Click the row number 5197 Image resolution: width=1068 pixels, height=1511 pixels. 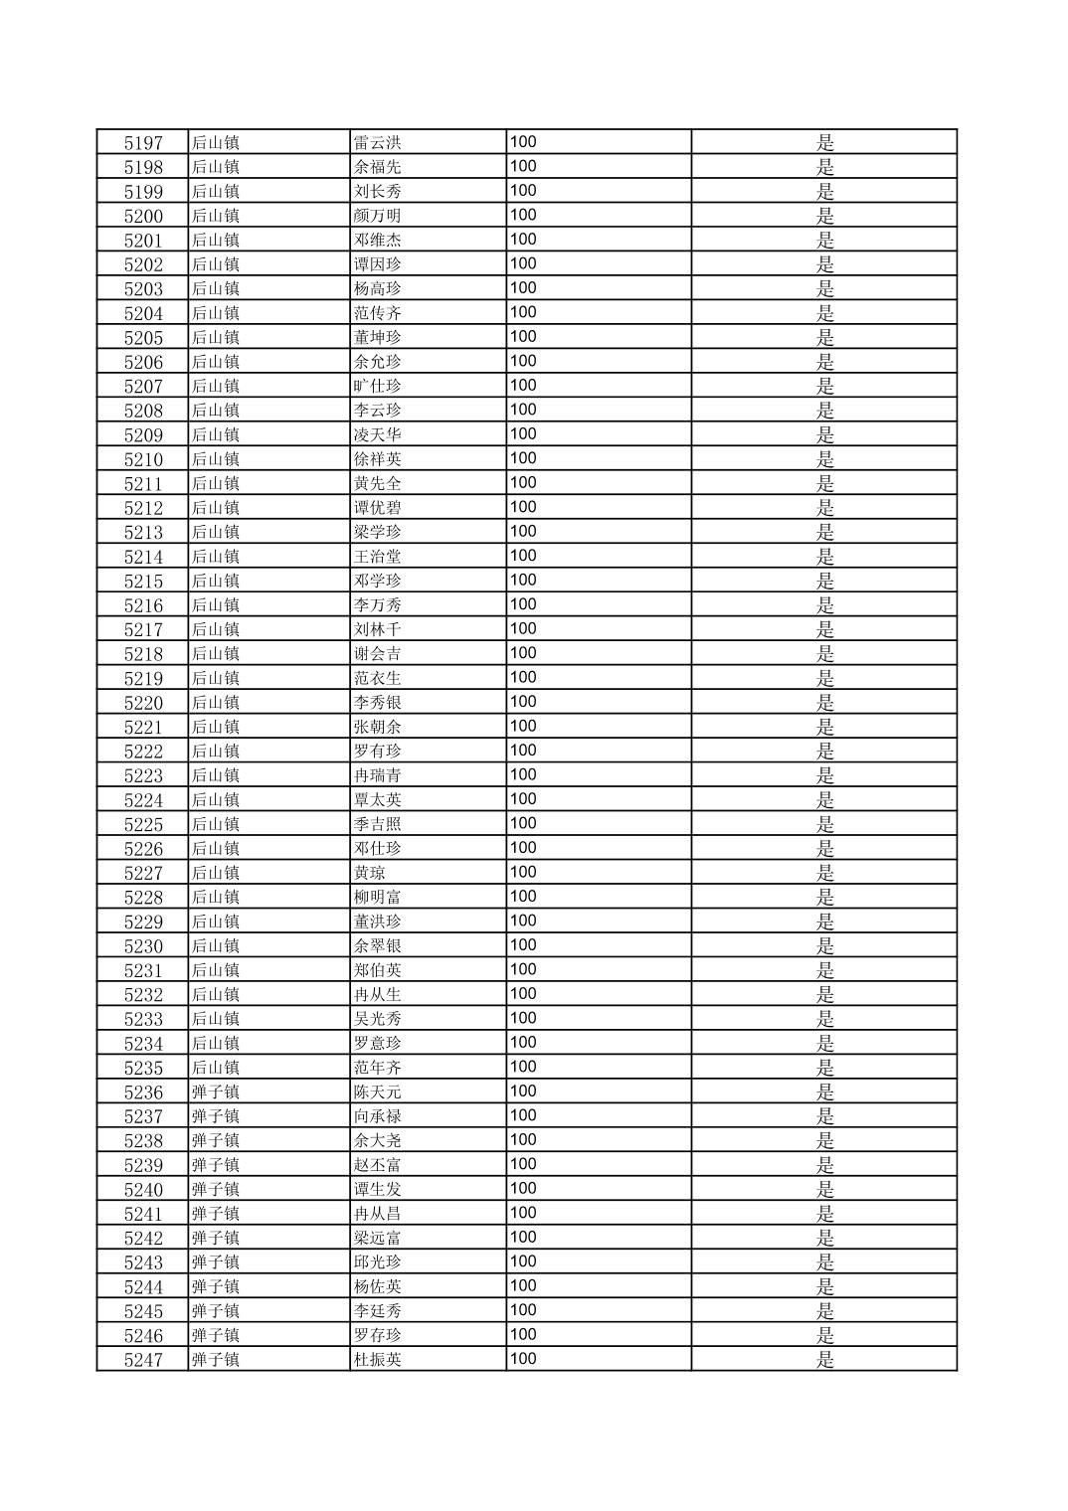[143, 143]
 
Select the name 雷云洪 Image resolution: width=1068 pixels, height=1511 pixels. [378, 143]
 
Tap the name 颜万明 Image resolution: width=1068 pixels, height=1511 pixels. [378, 216]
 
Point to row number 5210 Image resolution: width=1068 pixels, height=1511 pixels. [143, 459]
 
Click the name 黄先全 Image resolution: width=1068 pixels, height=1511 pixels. [378, 484]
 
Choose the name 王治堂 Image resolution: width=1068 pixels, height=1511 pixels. [378, 557]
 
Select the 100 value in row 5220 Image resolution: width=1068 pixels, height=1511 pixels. [523, 702]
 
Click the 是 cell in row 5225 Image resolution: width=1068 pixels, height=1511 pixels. [824, 824]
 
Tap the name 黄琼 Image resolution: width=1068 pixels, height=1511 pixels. [370, 873]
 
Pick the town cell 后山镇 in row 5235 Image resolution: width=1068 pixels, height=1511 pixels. [216, 1068]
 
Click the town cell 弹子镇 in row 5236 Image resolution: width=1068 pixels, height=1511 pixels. [216, 1091]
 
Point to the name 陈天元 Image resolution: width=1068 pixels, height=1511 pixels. [378, 1091]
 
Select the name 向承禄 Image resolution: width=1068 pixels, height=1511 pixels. [378, 1116]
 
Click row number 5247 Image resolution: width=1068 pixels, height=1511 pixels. [143, 1360]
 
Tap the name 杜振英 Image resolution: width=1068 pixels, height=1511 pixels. [378, 1360]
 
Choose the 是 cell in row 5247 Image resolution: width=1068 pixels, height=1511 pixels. [824, 1360]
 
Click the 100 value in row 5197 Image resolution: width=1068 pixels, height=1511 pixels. [523, 142]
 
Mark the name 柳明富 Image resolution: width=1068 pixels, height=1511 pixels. [378, 898]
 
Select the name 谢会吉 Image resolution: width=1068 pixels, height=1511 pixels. [378, 654]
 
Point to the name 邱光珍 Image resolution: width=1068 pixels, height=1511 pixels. [378, 1262]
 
